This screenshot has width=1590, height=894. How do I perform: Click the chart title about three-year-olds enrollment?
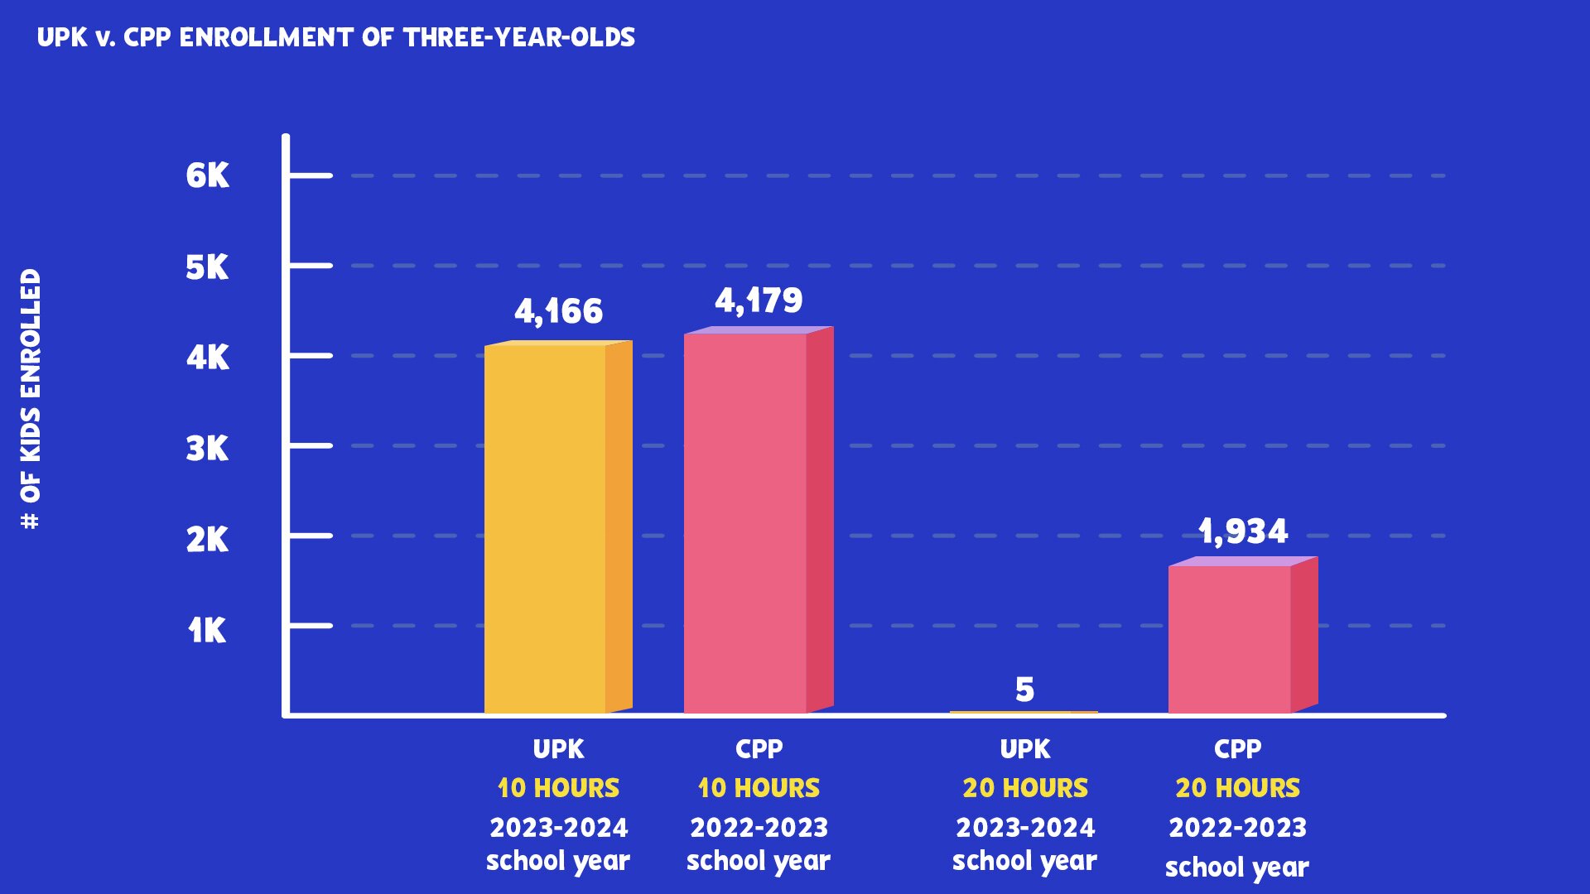336,37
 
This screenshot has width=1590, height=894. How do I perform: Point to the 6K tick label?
207,175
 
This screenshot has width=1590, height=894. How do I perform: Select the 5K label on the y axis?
207,267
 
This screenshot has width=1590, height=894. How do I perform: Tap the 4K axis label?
207,358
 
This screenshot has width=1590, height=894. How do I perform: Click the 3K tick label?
207,449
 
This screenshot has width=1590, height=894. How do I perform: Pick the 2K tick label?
207,540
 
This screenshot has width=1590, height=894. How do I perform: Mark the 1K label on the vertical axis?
207,631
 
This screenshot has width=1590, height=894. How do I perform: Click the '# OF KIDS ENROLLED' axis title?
31,399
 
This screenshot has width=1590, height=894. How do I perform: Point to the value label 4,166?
558,312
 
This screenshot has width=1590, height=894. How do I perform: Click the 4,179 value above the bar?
759,300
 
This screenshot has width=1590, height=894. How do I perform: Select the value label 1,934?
1243,531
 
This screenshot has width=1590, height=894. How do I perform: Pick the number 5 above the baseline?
1024,690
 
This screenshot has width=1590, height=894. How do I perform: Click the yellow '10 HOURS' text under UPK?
558,788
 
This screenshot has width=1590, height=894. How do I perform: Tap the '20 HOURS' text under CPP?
1237,788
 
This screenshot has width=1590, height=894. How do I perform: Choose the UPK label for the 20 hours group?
1024,749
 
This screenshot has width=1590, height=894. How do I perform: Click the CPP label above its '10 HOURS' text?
759,749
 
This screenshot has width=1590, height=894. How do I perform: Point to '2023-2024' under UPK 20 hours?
1024,828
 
